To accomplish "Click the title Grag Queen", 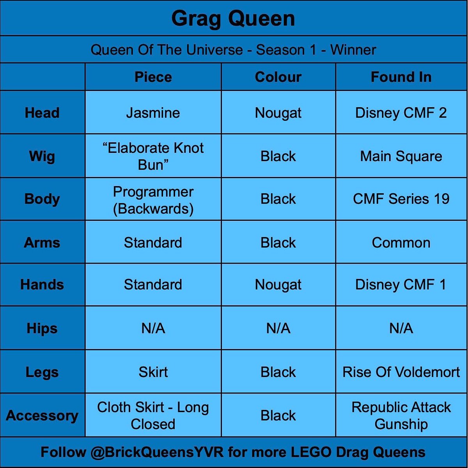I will (x=233, y=19).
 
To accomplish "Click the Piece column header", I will (x=153, y=77).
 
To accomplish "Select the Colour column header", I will (x=278, y=77).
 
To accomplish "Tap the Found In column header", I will (x=401, y=77).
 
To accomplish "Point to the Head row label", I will (x=42, y=113).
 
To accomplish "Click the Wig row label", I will (x=42, y=156).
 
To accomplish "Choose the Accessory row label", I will (x=42, y=415).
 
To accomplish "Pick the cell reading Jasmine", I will (x=153, y=113).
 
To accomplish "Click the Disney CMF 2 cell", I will (x=401, y=113).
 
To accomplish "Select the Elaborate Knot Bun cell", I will (x=153, y=156).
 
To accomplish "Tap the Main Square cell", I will (x=401, y=156).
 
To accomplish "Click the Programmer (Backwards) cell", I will (x=153, y=200).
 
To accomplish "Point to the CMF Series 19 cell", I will (x=401, y=199).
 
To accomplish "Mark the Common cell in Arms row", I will (x=401, y=243).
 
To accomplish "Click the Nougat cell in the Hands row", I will (x=278, y=285).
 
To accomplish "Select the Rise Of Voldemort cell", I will (x=401, y=372).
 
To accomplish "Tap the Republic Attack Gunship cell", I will (x=401, y=415).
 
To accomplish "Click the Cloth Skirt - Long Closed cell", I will (x=153, y=415).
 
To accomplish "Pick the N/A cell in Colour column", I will (x=278, y=328).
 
